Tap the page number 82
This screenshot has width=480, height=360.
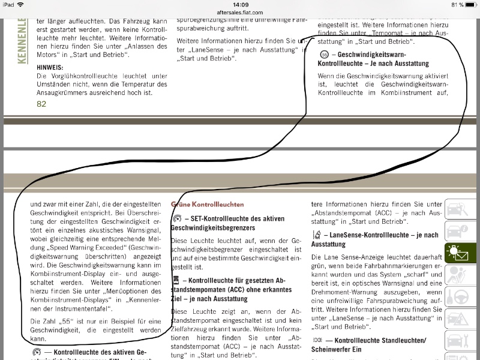click(41, 104)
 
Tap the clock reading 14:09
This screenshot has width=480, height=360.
click(240, 4)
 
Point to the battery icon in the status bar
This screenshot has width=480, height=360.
click(470, 4)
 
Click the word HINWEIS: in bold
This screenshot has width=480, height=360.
click(49, 67)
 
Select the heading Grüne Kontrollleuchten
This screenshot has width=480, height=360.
click(207, 204)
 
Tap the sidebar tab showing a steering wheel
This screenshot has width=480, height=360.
click(461, 298)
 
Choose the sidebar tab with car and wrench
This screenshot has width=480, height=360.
click(461, 213)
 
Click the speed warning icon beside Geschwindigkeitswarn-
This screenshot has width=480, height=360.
click(324, 54)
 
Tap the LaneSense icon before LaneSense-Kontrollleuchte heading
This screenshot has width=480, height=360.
click(317, 235)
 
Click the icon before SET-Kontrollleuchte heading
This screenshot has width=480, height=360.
click(177, 219)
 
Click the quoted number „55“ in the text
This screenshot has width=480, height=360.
click(73, 321)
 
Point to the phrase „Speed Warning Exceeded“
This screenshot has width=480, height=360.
click(82, 247)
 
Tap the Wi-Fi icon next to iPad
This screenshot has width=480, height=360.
click(20, 4)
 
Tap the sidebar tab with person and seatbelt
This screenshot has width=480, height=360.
click(461, 277)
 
